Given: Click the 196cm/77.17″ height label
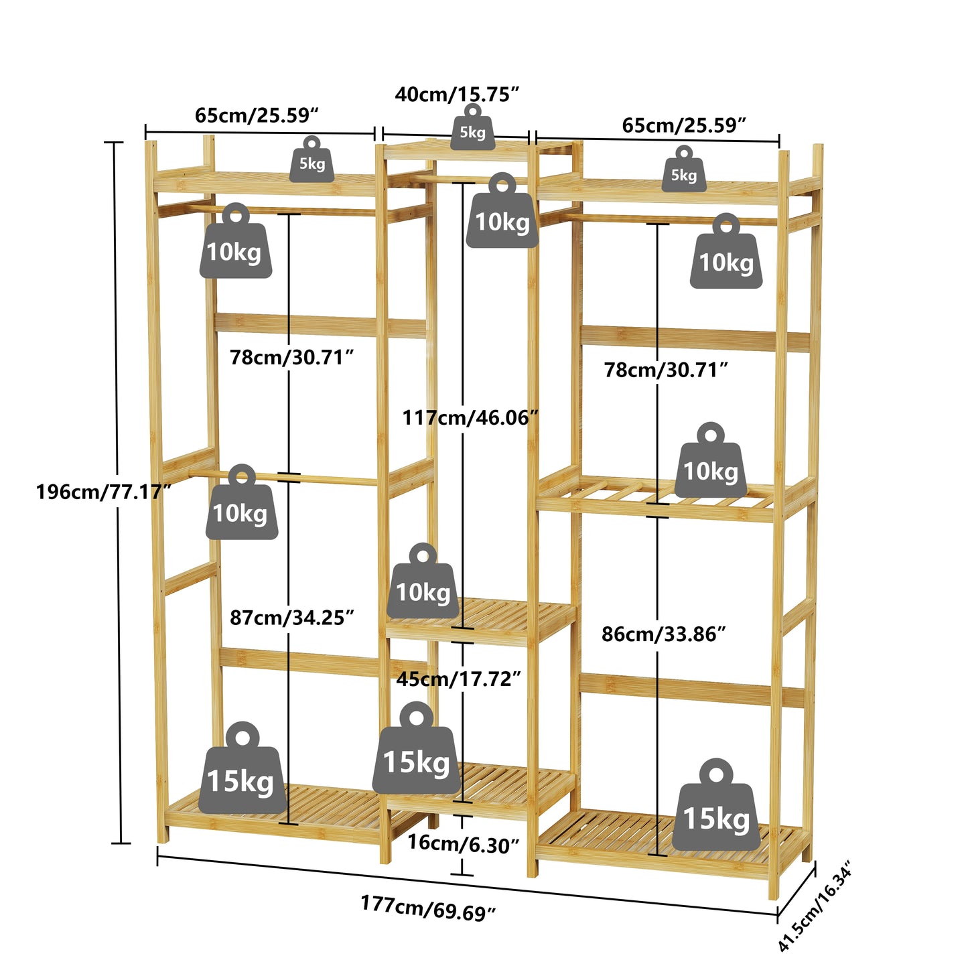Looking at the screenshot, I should click(x=103, y=492).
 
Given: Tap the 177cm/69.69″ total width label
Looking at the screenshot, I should click(x=427, y=908).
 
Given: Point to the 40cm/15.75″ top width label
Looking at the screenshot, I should click(x=457, y=94).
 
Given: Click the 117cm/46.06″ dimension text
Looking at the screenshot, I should click(x=470, y=418).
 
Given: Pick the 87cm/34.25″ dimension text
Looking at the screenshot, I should click(x=291, y=617).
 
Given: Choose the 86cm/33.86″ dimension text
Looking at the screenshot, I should click(x=663, y=634).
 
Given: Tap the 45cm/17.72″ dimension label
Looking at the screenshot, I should click(x=458, y=679).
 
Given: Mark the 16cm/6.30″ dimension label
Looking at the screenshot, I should click(x=463, y=843).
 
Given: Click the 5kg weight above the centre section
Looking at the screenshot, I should click(x=472, y=129).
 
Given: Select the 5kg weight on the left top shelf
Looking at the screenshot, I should click(x=312, y=160).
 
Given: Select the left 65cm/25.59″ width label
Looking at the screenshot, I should click(x=257, y=115).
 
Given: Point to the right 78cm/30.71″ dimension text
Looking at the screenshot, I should click(x=665, y=370).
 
